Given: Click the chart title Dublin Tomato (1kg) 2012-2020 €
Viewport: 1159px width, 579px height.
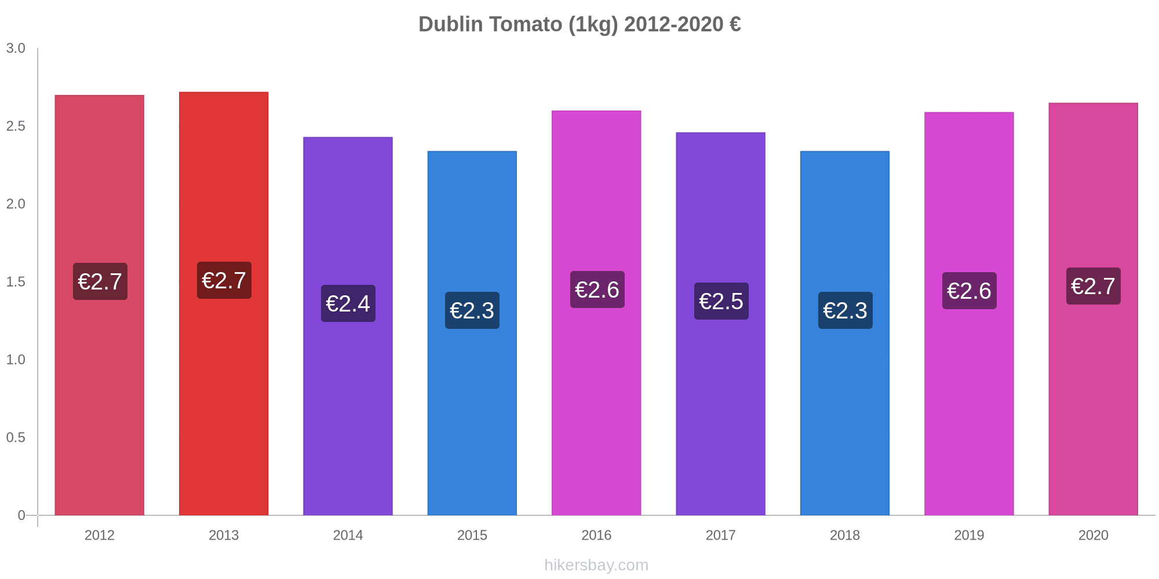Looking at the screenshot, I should (x=579, y=24).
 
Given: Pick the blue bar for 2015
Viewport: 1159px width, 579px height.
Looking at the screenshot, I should (x=472, y=405).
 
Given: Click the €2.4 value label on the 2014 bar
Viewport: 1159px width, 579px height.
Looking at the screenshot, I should (x=348, y=303).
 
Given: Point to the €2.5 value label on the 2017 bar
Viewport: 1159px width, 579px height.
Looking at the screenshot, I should (x=721, y=301).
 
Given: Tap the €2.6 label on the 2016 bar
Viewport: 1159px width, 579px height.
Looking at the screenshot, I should (x=597, y=289).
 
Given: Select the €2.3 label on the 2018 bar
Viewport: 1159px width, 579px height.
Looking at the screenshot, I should (x=845, y=310).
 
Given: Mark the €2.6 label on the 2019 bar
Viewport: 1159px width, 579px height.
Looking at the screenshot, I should (x=969, y=291).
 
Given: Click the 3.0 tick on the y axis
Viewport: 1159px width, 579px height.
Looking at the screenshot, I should (x=16, y=49).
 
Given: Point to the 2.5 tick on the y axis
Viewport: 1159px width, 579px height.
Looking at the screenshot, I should (x=16, y=126).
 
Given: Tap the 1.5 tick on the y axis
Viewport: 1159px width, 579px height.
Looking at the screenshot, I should (x=16, y=282).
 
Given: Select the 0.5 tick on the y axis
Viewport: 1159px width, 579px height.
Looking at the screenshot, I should (x=16, y=438).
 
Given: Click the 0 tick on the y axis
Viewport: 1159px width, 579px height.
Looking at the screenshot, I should (x=21, y=515).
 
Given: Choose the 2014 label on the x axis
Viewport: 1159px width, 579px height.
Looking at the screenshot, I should (x=348, y=535).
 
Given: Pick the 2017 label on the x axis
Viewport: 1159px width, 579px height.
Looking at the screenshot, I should (x=721, y=535).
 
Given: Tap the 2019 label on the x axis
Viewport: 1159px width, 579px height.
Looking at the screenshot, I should (x=969, y=535).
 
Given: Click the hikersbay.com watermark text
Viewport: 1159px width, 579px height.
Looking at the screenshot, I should (x=596, y=565).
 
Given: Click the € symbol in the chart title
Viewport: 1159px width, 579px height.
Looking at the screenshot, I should (x=735, y=24).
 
